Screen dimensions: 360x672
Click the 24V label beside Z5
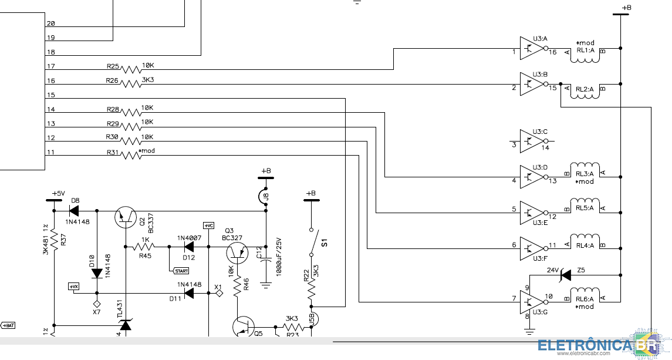[x=552, y=271]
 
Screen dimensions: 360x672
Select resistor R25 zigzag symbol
[x=131, y=69]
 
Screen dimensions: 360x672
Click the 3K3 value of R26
[x=148, y=79]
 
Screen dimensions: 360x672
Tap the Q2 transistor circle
[x=125, y=217]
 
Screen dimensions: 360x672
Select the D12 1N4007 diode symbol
[x=188, y=247]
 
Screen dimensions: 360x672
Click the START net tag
[x=181, y=271]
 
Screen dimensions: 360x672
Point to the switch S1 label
[x=324, y=241]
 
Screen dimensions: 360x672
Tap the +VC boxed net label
[x=208, y=226]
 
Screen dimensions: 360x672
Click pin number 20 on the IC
[x=50, y=24]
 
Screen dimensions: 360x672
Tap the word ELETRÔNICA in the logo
[x=585, y=346]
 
